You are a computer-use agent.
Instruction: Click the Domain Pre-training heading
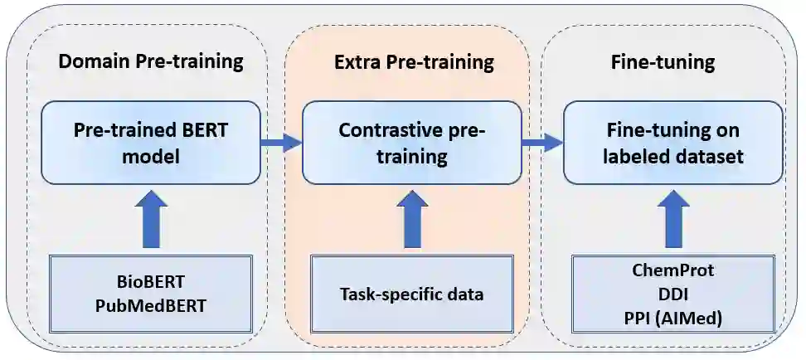coord(151,61)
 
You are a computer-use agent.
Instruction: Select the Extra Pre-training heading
coord(414,61)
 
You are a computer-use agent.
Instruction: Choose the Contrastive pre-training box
coord(412,143)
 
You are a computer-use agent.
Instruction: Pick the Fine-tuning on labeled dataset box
coord(672,143)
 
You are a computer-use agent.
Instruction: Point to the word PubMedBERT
coord(149,305)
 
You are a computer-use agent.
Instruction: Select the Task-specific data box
coord(412,294)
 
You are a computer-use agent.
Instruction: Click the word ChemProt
coord(672,270)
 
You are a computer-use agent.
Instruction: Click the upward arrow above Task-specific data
coord(412,219)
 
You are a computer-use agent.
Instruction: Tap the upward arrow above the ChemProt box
coord(672,219)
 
